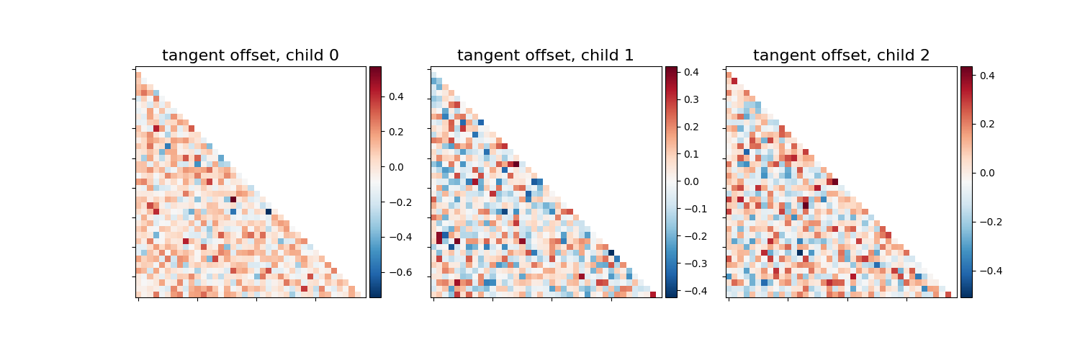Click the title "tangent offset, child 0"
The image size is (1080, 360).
(251, 55)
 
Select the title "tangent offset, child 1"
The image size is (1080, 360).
(546, 55)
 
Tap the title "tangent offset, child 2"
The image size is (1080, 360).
(841, 55)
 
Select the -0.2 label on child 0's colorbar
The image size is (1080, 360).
(397, 202)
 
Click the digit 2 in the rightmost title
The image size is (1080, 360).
(924, 55)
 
